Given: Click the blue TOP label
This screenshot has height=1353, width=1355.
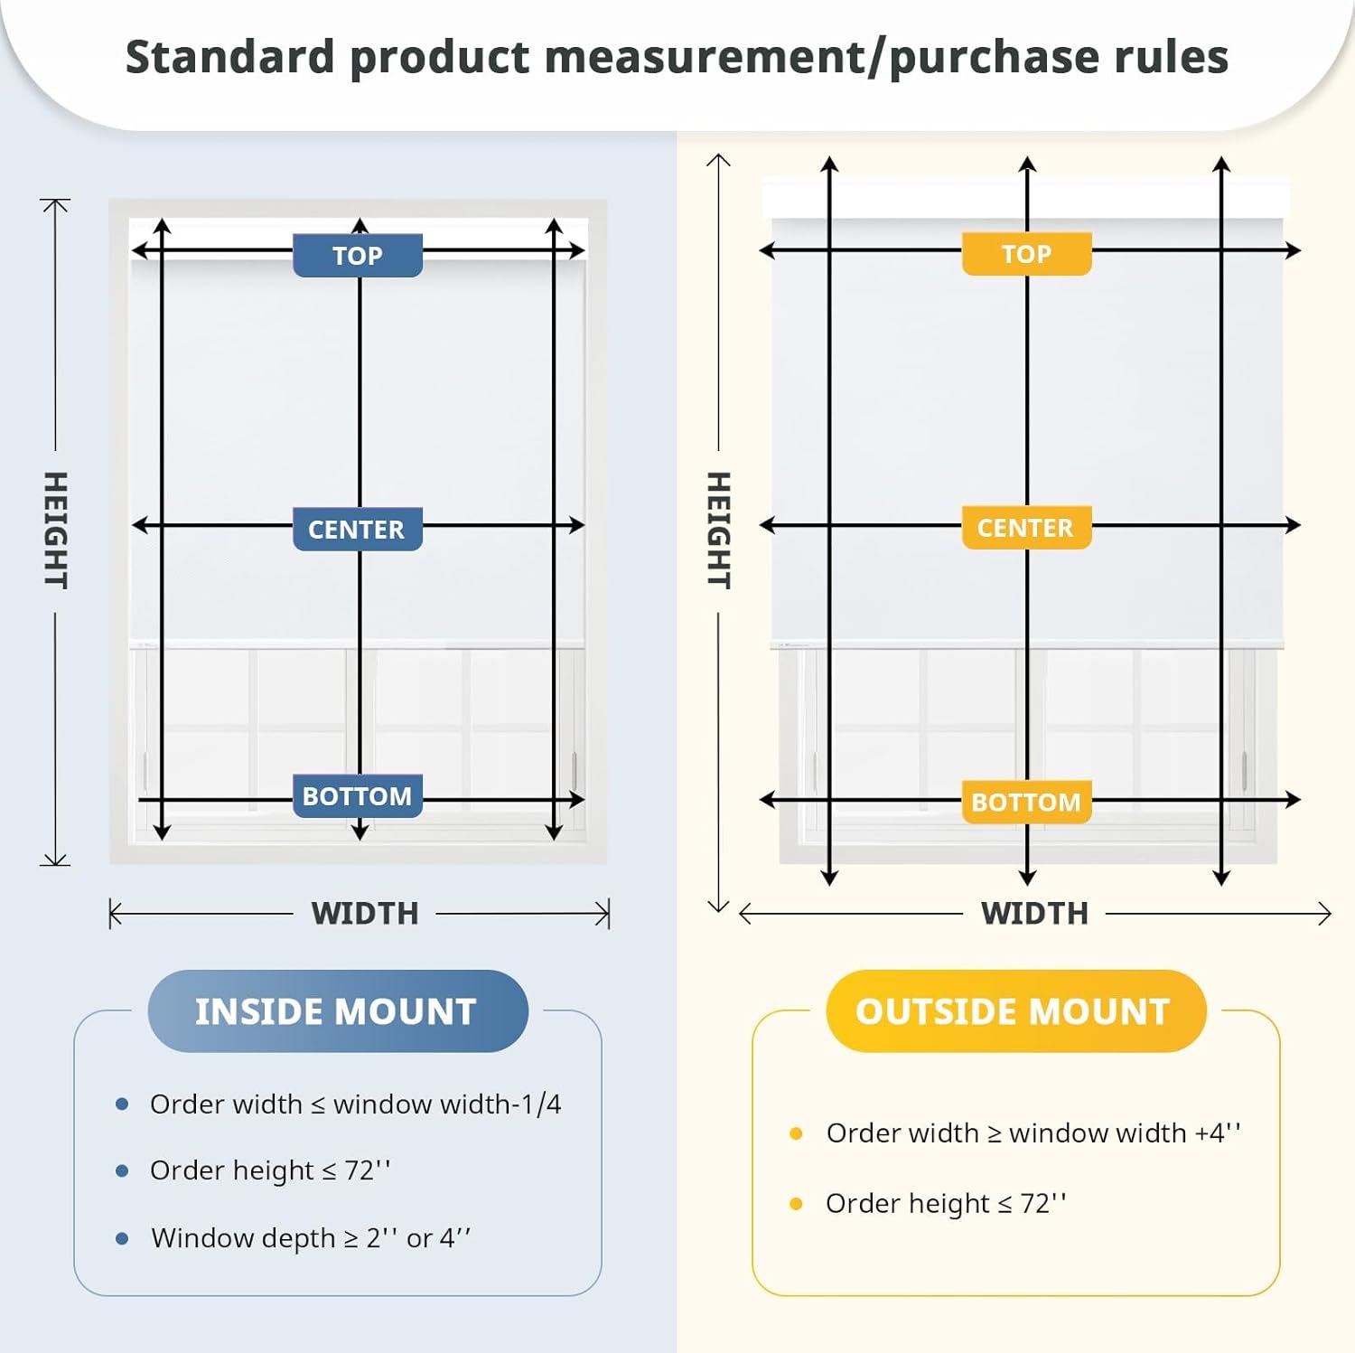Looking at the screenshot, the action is coord(358,256).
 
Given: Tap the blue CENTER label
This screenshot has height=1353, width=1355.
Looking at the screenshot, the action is coord(358,530).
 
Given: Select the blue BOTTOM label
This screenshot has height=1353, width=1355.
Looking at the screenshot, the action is coord(358,796).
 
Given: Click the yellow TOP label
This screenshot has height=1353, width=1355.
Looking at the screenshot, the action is coord(1027,254).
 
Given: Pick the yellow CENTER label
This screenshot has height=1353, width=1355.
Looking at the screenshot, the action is coord(1027,528).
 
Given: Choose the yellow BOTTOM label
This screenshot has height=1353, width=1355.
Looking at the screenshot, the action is coord(1027,802).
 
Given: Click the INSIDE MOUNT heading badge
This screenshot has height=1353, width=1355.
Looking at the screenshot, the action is coord(338,1011).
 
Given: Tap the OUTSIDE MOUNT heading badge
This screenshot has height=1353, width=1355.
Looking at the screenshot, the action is coord(1016,1011).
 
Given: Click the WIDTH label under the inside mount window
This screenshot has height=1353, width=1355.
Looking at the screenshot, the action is coord(365,914).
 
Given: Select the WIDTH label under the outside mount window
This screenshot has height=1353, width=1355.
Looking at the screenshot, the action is coord(1035,914).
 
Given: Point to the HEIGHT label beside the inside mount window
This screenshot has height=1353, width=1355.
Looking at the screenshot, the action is coord(56,531).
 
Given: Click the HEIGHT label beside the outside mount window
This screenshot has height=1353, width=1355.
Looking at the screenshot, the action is coord(719,531).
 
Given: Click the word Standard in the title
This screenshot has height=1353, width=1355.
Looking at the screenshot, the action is coord(230,57).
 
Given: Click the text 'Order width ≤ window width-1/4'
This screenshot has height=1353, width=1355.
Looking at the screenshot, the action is coord(356,1104).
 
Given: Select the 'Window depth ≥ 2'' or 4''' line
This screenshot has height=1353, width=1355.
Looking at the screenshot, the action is coord(311,1238).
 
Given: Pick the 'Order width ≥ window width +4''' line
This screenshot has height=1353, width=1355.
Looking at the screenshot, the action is coord(1034,1133).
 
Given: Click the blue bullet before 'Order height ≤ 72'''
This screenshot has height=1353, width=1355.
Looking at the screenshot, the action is coord(122,1171).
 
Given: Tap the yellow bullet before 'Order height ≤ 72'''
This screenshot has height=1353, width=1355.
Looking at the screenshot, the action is coord(796,1204).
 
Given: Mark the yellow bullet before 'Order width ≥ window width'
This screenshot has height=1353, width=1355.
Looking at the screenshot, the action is coord(796,1134).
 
